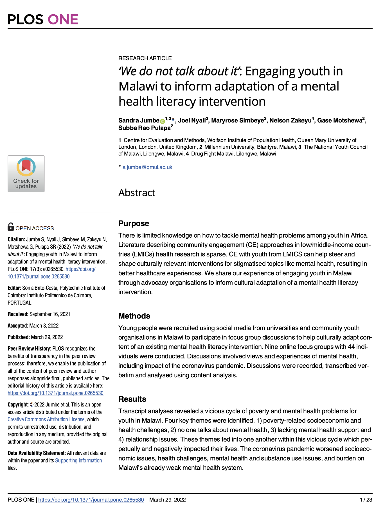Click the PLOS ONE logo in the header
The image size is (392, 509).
pyautogui.click(x=43, y=19)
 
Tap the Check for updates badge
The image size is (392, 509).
pyautogui.click(x=26, y=174)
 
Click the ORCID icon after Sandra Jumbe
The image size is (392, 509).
pyautogui.click(x=162, y=121)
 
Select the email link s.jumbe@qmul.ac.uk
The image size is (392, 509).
pyautogui.click(x=147, y=167)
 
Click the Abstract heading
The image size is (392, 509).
pyautogui.click(x=137, y=193)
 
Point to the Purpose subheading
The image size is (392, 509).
pyautogui.click(x=134, y=223)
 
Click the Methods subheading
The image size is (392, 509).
pyautogui.click(x=134, y=316)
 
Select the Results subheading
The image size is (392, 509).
pyautogui.click(x=132, y=399)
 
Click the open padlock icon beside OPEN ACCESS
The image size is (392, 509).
pyautogui.click(x=11, y=227)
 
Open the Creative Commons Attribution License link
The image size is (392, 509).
pyautogui.click(x=46, y=419)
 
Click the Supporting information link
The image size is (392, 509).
pyautogui.click(x=78, y=460)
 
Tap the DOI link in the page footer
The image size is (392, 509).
pyautogui.click(x=91, y=500)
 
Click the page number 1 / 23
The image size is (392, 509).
pyautogui.click(x=366, y=500)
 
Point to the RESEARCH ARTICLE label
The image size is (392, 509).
pyautogui.click(x=145, y=58)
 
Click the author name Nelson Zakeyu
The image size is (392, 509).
pyautogui.click(x=290, y=121)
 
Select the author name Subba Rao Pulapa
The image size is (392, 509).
pyautogui.click(x=145, y=128)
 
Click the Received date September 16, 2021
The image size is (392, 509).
pyautogui.click(x=50, y=314)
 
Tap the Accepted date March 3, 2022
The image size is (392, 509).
pyautogui.click(x=44, y=326)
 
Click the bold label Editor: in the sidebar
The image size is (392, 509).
pyautogui.click(x=14, y=288)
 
